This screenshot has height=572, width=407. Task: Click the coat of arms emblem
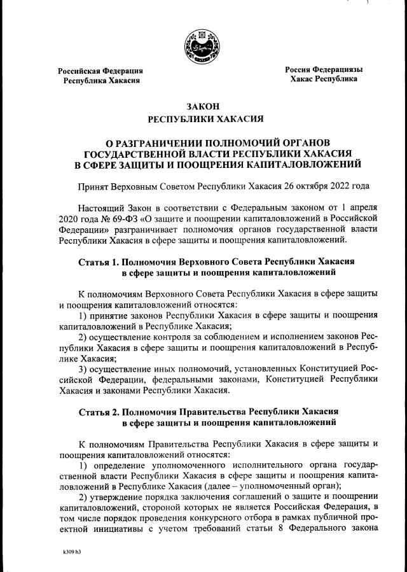click(203, 46)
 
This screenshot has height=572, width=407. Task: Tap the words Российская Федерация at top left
click(100, 71)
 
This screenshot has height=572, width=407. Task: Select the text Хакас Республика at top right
click(324, 79)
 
